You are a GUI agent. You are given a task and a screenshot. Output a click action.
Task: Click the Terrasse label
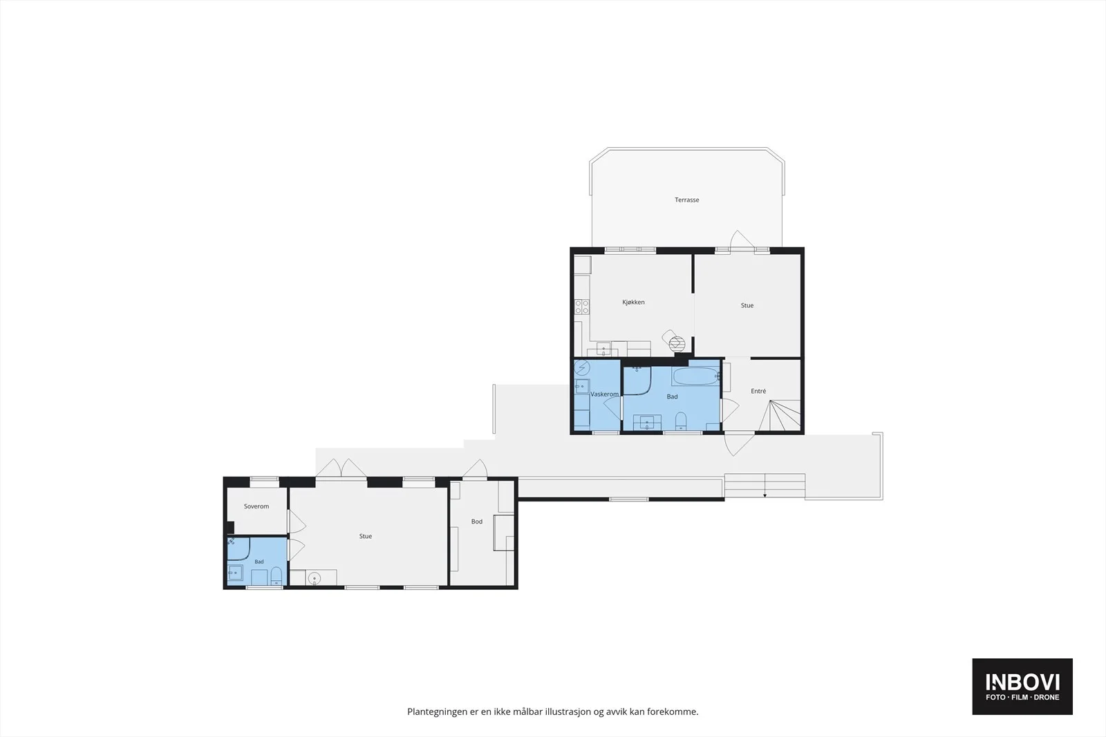tap(687, 200)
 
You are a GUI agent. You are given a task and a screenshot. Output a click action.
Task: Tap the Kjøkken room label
tap(633, 302)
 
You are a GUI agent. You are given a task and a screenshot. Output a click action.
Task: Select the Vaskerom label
tap(604, 394)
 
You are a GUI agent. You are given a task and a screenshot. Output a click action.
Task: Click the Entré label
tap(758, 391)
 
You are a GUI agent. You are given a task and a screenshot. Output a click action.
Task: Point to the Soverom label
tap(256, 506)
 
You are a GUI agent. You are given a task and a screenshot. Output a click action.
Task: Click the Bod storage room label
tap(476, 521)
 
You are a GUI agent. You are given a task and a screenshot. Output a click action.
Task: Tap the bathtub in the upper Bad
tap(695, 377)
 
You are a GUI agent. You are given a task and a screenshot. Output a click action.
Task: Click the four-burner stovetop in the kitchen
tap(582, 307)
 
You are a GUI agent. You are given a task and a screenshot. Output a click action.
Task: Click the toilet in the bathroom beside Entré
tap(681, 421)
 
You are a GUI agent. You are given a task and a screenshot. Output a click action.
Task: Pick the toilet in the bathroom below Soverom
tap(276, 575)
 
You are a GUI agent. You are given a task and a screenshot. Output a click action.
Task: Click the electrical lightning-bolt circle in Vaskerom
tap(582, 367)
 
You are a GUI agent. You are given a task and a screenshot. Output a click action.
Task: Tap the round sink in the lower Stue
tap(314, 577)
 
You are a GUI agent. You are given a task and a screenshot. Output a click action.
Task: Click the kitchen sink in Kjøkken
tap(603, 350)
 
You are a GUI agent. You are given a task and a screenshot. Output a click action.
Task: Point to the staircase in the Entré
tap(780, 415)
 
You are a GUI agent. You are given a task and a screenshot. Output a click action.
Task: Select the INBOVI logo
tap(1022, 687)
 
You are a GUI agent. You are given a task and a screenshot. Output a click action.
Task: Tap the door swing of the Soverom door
tap(297, 521)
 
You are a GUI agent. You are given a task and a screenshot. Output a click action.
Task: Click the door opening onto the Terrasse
tap(742, 240)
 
